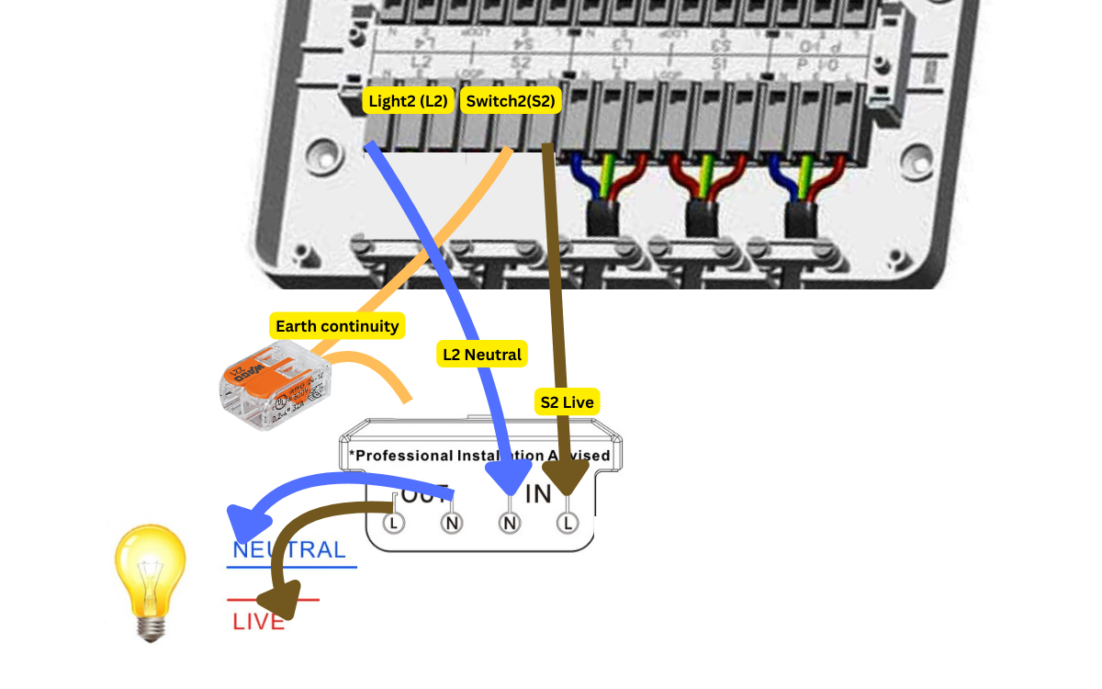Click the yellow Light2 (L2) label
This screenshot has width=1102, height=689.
408,101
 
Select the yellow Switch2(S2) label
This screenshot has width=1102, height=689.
511,101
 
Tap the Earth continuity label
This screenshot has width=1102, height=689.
337,326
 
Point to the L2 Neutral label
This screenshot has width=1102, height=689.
482,355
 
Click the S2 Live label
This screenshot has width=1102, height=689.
566,402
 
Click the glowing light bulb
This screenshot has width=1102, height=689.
151,579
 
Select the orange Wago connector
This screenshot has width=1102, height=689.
273,386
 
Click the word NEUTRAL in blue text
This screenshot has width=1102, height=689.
289,550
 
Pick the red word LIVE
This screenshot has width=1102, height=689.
258,622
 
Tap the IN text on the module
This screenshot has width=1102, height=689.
538,493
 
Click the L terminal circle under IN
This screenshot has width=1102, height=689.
568,523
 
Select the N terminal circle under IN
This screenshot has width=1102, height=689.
510,523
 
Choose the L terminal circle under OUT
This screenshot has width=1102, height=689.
393,523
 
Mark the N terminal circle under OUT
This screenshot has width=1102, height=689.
452,523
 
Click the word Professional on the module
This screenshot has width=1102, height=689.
404,456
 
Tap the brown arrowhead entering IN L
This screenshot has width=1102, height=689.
568,476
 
